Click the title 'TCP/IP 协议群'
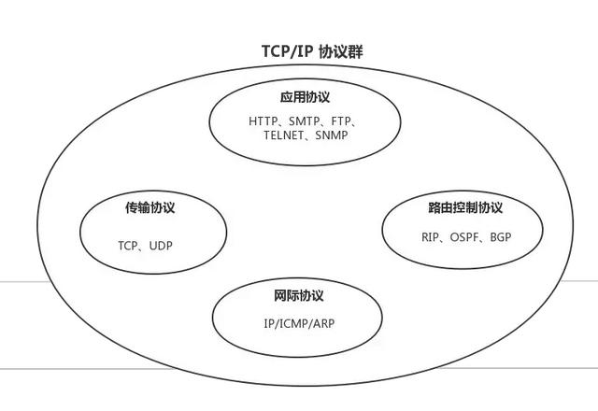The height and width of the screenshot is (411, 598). [x=298, y=51]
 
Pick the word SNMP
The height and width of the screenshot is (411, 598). [x=332, y=135]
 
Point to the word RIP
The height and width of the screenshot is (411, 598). [x=430, y=236]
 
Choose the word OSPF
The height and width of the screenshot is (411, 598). [x=463, y=236]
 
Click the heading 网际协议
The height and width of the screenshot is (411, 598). [x=298, y=296]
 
